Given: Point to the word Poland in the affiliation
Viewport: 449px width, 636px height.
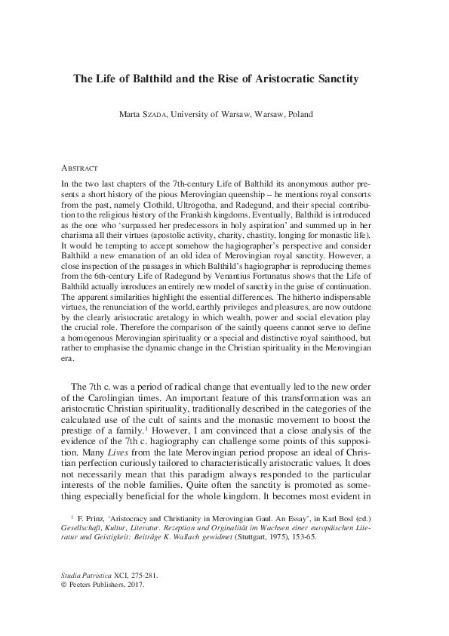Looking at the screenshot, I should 296,115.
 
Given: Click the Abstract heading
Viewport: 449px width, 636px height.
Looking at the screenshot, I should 78,167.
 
